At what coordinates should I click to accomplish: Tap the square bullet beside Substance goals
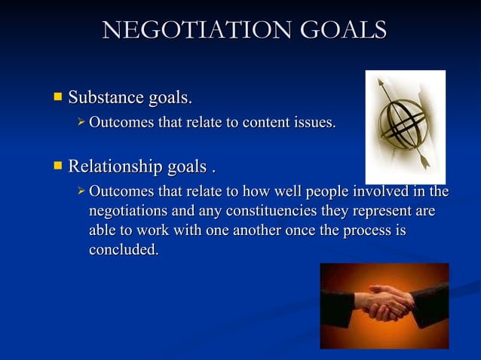57,96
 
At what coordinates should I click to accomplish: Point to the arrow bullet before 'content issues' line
81,121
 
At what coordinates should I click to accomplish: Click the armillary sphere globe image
405,124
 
